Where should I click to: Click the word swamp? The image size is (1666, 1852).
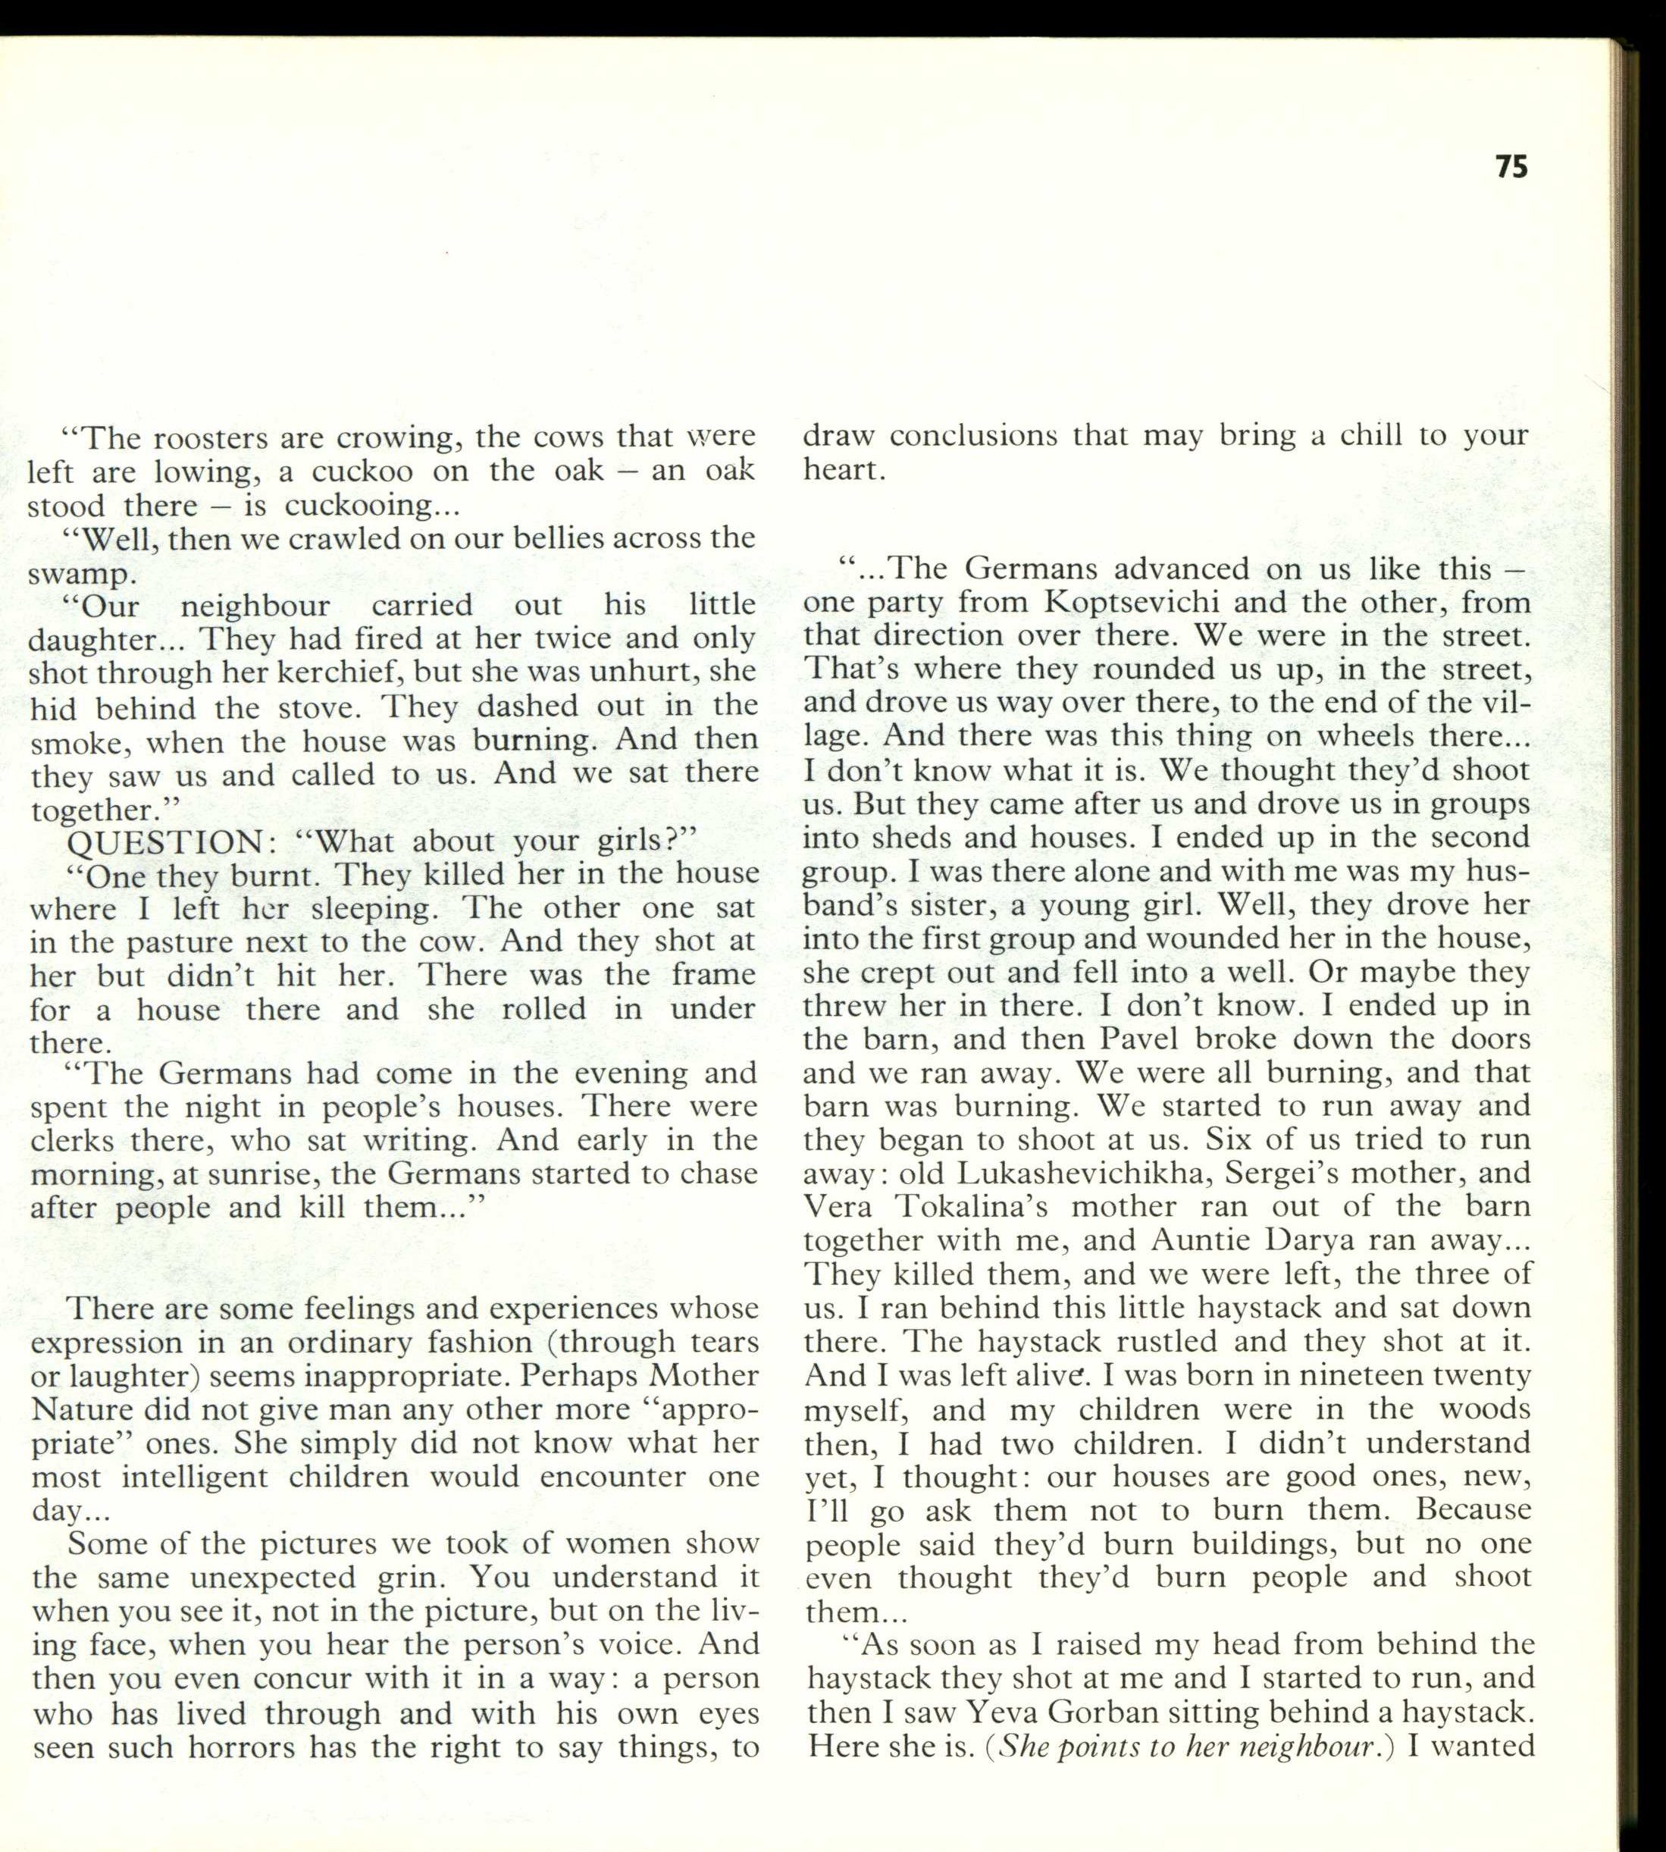click(x=81, y=575)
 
